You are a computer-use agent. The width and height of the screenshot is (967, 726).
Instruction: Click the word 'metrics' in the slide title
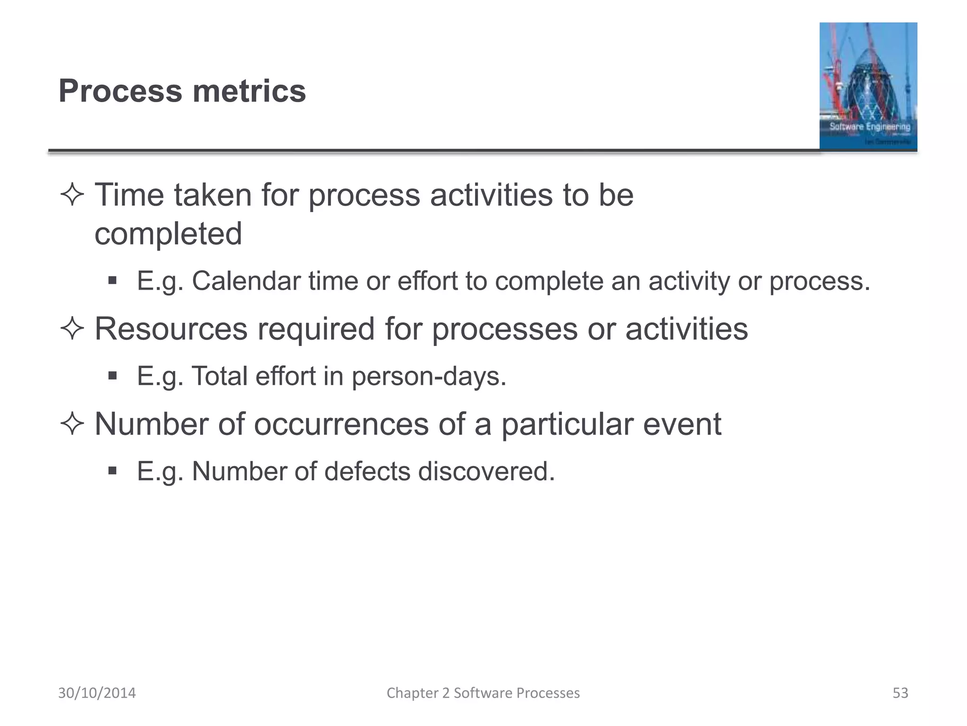pyautogui.click(x=249, y=91)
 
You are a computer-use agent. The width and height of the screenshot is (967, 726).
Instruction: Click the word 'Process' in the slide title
pyautogui.click(x=120, y=91)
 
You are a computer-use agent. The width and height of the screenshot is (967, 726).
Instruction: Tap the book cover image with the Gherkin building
pyautogui.click(x=868, y=86)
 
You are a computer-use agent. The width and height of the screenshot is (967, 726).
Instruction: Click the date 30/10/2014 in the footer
pyautogui.click(x=97, y=693)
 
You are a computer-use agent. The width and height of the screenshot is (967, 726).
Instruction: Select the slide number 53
pyautogui.click(x=900, y=693)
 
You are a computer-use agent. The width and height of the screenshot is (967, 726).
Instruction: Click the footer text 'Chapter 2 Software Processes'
pyautogui.click(x=483, y=693)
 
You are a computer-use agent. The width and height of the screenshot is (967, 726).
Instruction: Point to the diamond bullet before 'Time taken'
pyautogui.click(x=72, y=195)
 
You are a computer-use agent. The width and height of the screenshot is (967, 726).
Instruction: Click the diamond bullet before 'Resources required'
pyautogui.click(x=72, y=328)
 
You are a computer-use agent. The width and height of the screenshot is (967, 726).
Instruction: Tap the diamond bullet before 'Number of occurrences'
pyautogui.click(x=72, y=424)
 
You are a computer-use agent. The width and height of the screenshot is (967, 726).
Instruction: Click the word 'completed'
pyautogui.click(x=168, y=234)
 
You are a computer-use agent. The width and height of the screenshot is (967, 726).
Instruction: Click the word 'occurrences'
pyautogui.click(x=341, y=424)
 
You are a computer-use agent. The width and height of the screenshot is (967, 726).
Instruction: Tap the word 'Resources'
pyautogui.click(x=171, y=328)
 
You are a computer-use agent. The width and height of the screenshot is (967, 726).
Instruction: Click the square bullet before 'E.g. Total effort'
pyautogui.click(x=112, y=376)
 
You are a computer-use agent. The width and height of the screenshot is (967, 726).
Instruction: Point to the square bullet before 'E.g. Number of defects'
pyautogui.click(x=112, y=471)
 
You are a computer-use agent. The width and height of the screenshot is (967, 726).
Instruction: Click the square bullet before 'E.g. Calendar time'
pyautogui.click(x=112, y=281)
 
